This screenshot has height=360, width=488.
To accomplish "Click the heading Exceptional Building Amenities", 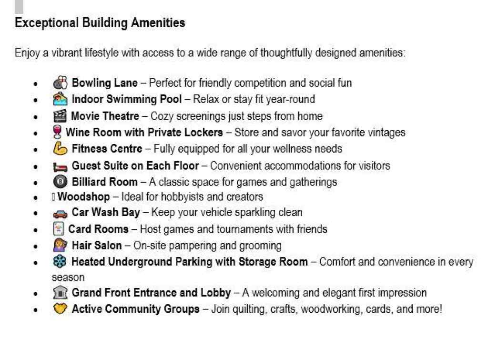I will pos(100,23).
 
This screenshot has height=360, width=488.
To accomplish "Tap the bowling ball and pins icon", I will pos(60,83).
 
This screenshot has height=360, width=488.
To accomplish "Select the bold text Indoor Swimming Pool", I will pos(126,99).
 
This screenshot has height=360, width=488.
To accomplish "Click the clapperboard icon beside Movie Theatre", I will pos(60,116).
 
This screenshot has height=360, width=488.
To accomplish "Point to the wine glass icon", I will pos(57,132).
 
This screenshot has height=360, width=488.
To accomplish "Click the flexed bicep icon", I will pos(60,149).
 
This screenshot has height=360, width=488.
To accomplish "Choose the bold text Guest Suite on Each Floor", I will pos(135,165).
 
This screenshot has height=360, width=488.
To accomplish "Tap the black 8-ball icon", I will pos(60,182).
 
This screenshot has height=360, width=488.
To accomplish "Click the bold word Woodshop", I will pos(83,196).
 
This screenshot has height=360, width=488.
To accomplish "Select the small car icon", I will pos(60,213).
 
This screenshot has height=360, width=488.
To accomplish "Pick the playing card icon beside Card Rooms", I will pos(58,229).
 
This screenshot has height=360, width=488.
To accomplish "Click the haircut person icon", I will pos(60,246).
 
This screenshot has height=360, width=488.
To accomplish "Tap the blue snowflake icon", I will pos(60,262).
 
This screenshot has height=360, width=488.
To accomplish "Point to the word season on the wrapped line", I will pos(68,277).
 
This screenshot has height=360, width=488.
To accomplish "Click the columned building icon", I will pos(60,293).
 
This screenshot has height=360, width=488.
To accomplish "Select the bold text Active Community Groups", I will pos(135,309).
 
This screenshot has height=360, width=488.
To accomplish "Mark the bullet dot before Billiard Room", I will pos(36,183).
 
